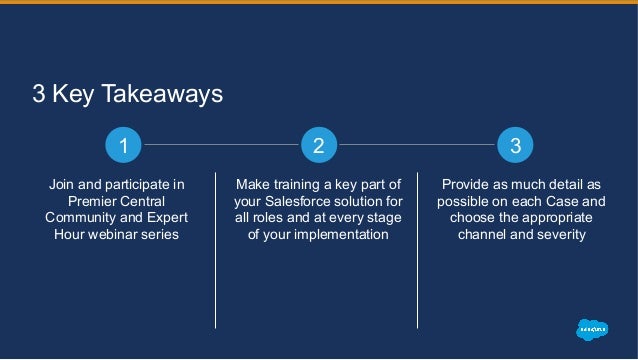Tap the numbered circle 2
click(x=318, y=146)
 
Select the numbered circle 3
click(x=515, y=146)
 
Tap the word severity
click(x=559, y=234)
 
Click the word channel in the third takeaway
click(x=484, y=234)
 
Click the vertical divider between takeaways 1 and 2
click(x=216, y=260)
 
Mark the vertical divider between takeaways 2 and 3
click(x=418, y=260)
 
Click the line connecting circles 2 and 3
click(x=417, y=146)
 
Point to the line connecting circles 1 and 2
click(x=220, y=146)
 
